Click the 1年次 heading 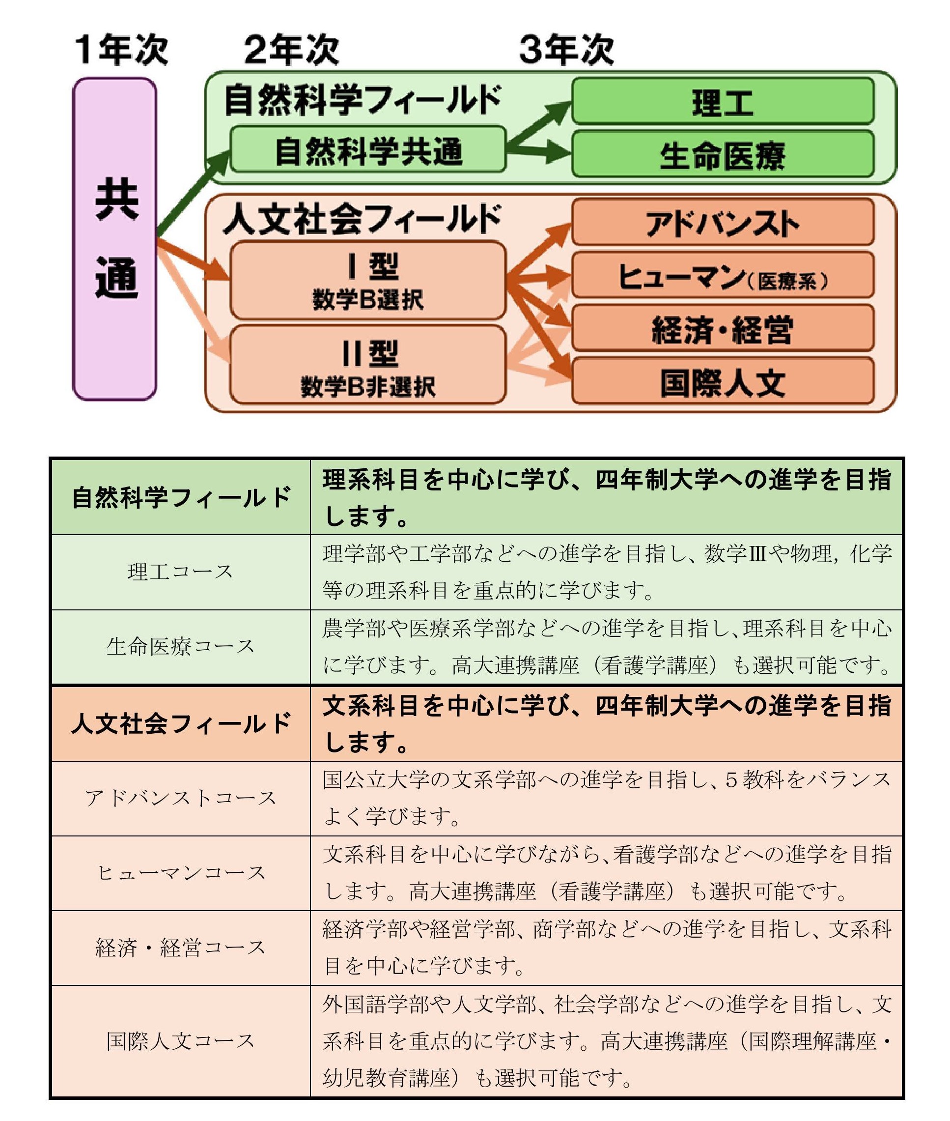tap(121, 50)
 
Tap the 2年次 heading tap(291, 50)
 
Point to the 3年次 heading tap(566, 50)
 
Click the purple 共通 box tap(115, 239)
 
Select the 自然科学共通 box tap(368, 150)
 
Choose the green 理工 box tap(723, 101)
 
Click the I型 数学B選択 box tap(368, 281)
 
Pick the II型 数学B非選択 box tap(368, 365)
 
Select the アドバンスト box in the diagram tap(723, 223)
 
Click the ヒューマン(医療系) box tap(723, 275)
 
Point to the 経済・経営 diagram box tap(723, 328)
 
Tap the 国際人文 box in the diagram tap(723, 381)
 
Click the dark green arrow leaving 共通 tap(194, 195)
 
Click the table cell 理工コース tap(180, 572)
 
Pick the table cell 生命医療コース tap(180, 646)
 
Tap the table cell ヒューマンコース tap(180, 873)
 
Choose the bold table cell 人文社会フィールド tap(180, 723)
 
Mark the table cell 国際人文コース tap(180, 1041)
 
